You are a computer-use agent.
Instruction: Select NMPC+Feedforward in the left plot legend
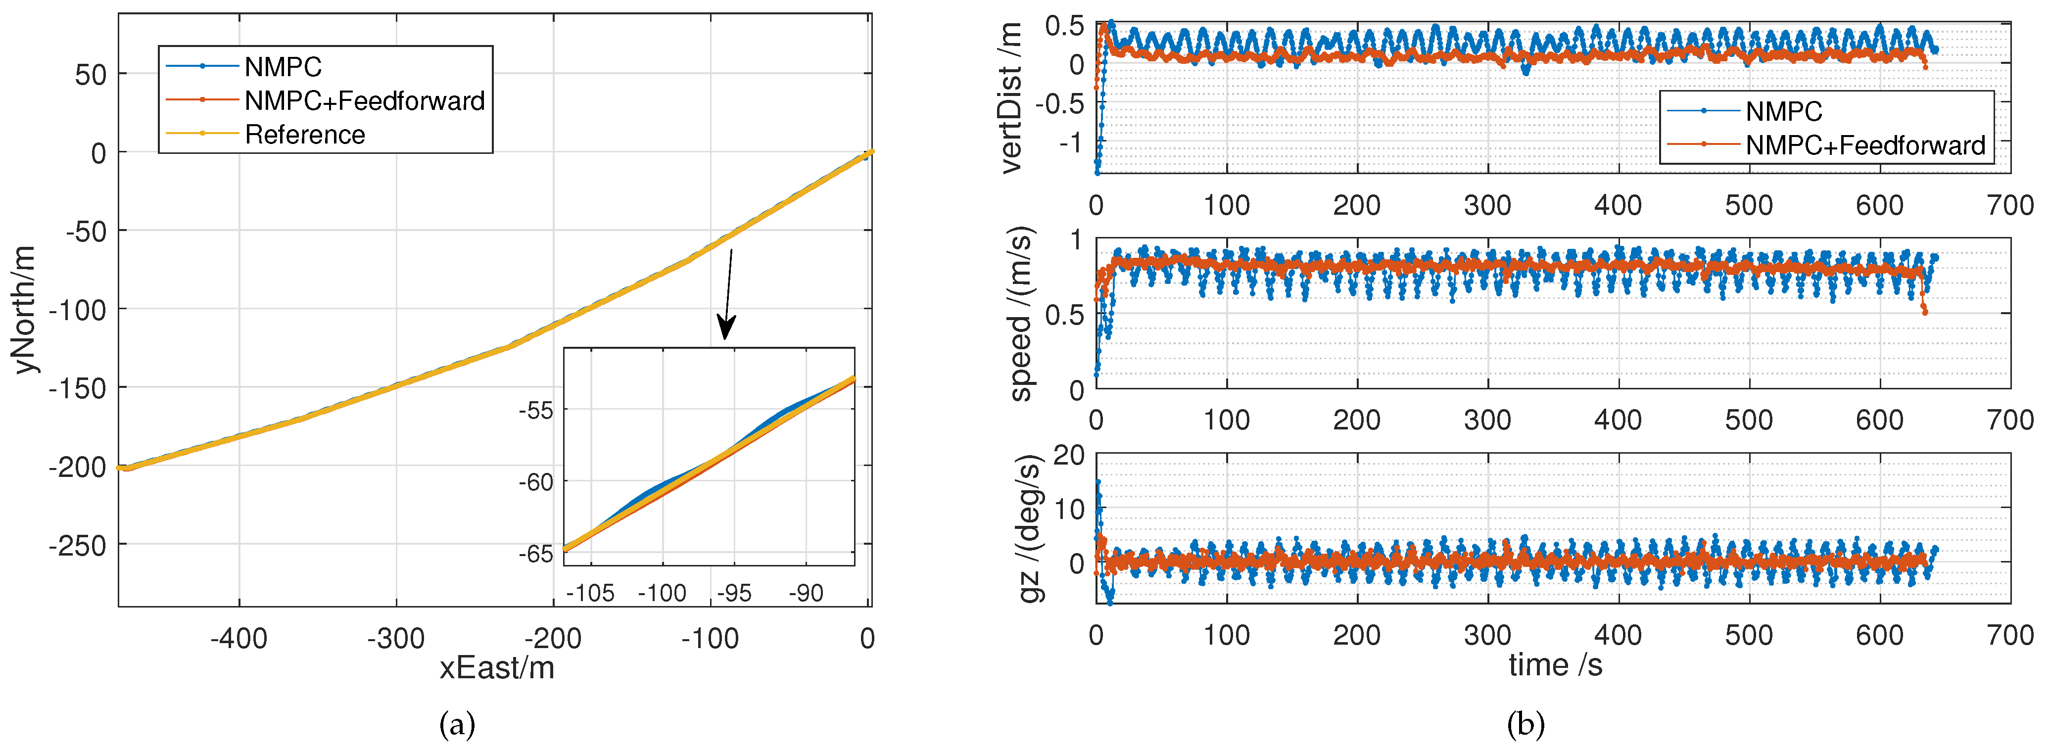[x=364, y=101]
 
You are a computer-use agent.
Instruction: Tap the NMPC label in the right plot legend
[x=1783, y=111]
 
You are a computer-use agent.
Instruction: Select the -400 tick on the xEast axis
[x=238, y=639]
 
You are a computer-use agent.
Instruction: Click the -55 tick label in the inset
[x=535, y=411]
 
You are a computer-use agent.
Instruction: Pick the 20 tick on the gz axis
[x=1068, y=456]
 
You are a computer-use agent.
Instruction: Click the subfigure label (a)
[x=457, y=725]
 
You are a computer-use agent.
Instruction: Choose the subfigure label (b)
[x=1525, y=725]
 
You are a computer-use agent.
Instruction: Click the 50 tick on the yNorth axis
[x=90, y=75]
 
